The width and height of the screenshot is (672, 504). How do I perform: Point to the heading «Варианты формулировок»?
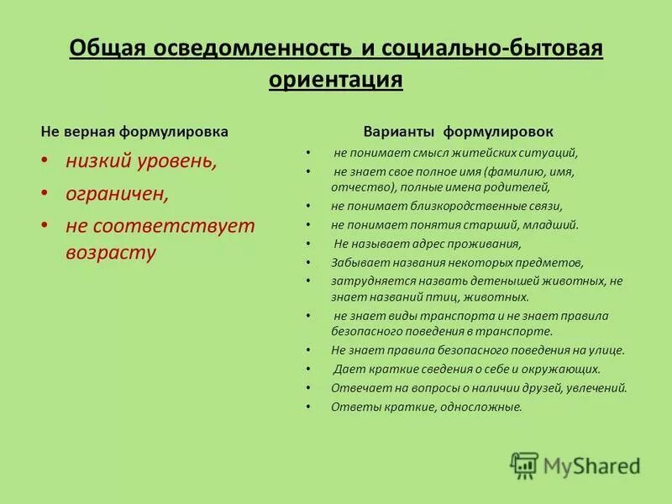pos(458,132)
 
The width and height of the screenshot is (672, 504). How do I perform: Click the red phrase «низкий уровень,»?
pos(141,162)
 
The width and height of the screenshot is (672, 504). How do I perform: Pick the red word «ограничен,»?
pos(118,193)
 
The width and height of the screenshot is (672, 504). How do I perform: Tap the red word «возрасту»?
pos(111,253)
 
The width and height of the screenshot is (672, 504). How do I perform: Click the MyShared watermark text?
pos(591,465)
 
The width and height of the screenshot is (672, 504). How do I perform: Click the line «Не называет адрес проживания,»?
pos(427,244)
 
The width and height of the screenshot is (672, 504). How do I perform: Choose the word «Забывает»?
pos(356,262)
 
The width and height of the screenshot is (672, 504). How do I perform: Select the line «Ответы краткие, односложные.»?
pos(427,407)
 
